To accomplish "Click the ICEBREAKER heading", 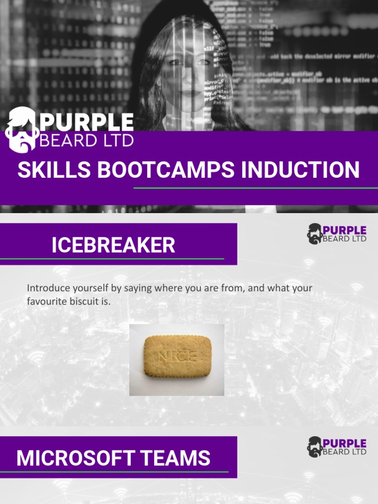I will pos(113,245).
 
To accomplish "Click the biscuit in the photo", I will pos(177,356).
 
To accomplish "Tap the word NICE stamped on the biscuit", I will pos(177,356).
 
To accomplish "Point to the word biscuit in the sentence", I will pos(86,301).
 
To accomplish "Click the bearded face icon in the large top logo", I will pos(22,129).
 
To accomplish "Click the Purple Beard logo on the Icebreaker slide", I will pos(337,234).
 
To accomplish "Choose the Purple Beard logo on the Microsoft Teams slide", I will pos(337,447).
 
